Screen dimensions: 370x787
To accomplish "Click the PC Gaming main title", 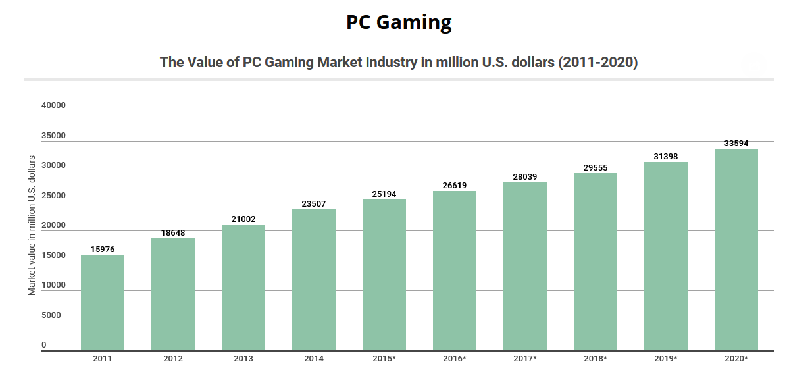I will point(399,22).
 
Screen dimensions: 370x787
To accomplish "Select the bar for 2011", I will point(103,303).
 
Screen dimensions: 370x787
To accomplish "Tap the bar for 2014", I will point(314,280).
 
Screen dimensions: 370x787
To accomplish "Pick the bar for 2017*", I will point(525,267).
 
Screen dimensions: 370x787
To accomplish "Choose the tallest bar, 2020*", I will point(736,250).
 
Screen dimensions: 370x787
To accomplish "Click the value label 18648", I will point(173,233).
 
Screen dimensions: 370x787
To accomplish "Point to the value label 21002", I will point(243,219).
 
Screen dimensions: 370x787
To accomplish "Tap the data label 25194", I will point(384,194).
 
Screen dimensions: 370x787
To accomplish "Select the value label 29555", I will point(596,168).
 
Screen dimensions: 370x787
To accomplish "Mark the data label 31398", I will point(666,157).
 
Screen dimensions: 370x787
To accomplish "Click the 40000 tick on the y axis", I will point(53,105).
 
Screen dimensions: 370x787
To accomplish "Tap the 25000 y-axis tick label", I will point(53,196).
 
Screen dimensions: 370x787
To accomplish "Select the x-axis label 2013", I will point(243,359).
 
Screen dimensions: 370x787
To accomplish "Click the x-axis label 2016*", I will point(455,359).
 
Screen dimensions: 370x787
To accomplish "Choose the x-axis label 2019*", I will point(666,359).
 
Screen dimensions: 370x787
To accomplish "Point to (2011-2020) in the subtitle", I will point(598,63).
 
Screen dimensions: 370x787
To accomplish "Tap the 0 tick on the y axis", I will point(44,345).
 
